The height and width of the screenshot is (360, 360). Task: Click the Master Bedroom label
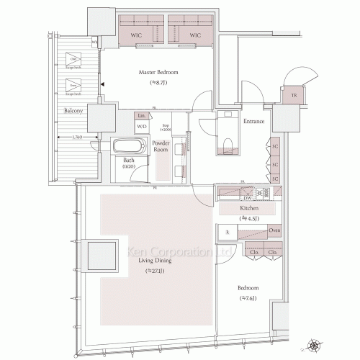pos(158,73)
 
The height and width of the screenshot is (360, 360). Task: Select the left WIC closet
pos(135,34)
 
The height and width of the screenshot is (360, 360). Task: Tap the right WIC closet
pos(194,34)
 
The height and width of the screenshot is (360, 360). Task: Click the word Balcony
pos(72,112)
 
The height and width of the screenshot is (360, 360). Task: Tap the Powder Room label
pos(161,147)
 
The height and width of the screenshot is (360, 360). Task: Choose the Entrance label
pos(253,121)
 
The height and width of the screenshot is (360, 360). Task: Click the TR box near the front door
pos(294,96)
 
